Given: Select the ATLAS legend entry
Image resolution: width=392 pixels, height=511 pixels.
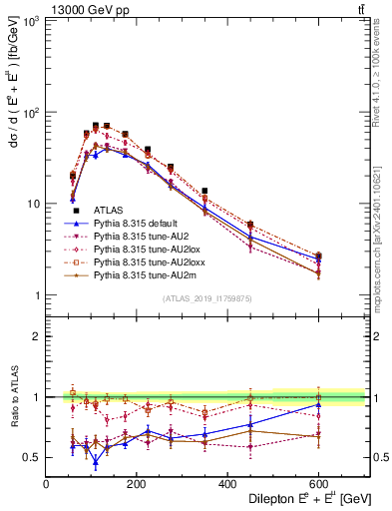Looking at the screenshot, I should tap(108, 211).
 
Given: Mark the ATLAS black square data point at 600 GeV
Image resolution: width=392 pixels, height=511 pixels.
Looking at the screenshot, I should tap(318, 255).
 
